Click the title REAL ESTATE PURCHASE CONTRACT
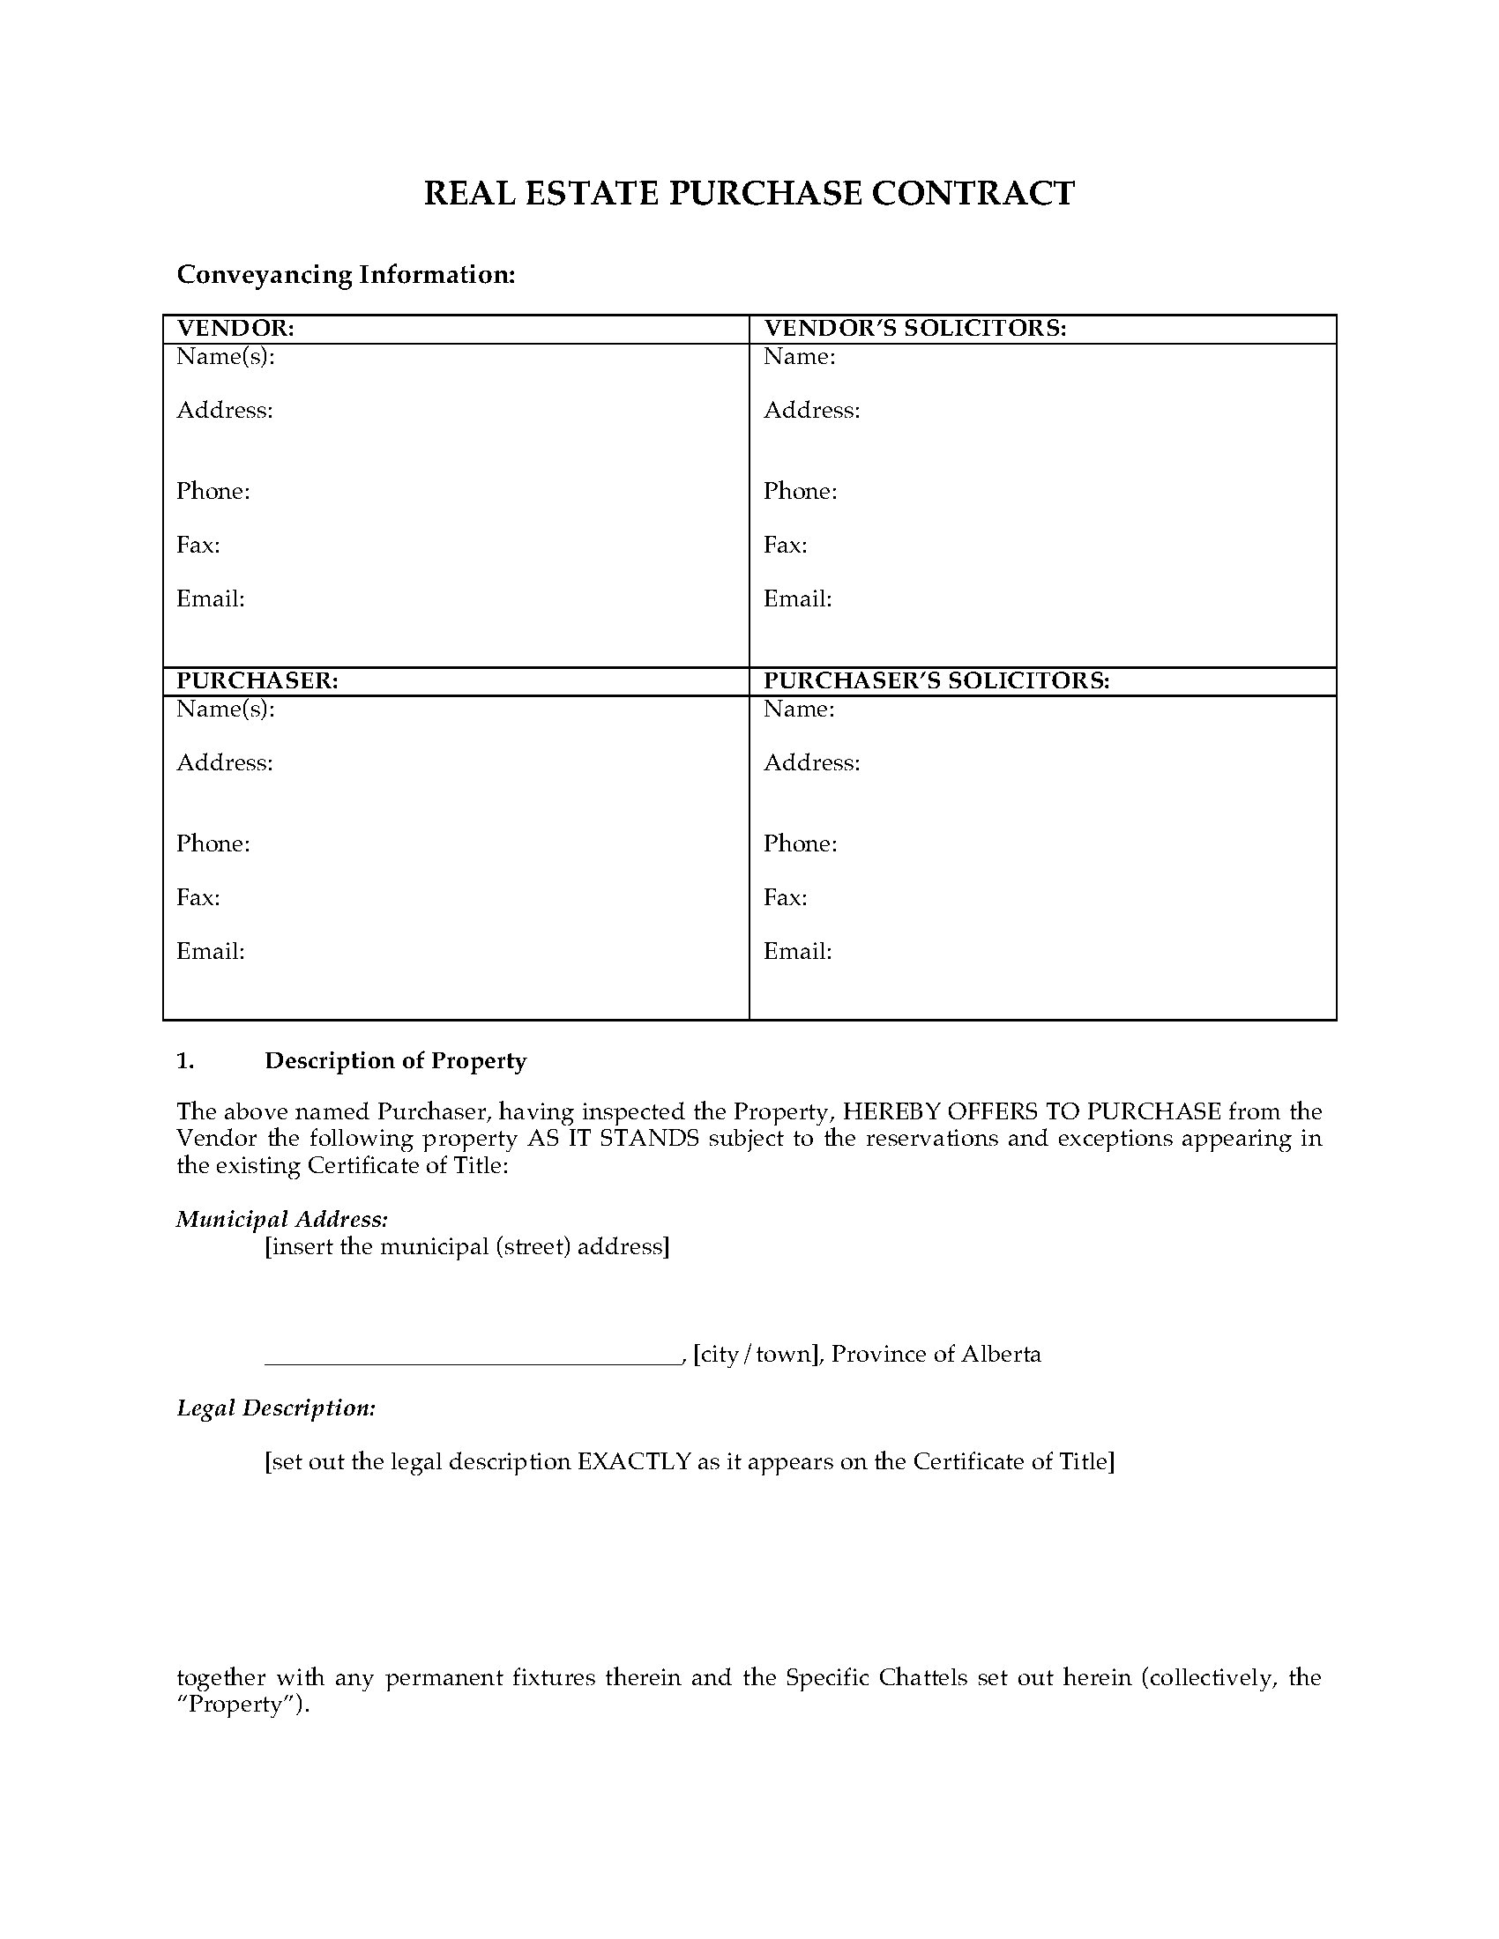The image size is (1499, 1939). (x=749, y=194)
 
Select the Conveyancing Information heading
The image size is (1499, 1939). (x=346, y=274)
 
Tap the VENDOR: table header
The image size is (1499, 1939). (x=235, y=329)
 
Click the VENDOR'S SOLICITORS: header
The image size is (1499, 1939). (x=914, y=329)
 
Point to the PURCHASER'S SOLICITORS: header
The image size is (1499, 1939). (x=936, y=681)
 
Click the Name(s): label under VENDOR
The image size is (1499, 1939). (x=226, y=357)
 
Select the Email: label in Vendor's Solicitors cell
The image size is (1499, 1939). (x=797, y=599)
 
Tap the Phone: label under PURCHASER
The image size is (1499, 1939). (x=213, y=843)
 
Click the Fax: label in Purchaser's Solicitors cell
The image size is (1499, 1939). (x=785, y=897)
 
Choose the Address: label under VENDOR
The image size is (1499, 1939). (x=225, y=410)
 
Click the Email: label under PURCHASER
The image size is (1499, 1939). (x=211, y=952)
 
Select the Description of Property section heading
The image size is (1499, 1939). (x=395, y=1061)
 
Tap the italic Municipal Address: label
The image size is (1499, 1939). (x=281, y=1219)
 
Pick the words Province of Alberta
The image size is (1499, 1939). (x=936, y=1355)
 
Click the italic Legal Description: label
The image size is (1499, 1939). (x=275, y=1408)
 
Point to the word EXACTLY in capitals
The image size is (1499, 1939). (x=634, y=1462)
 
